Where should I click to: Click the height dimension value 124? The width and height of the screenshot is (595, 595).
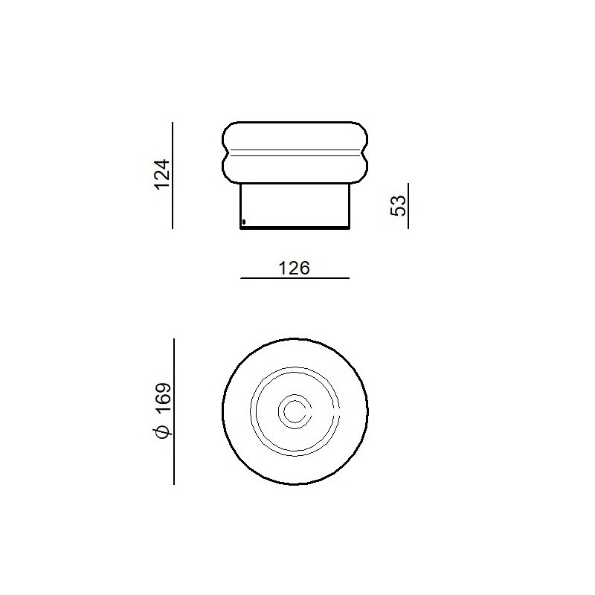click(x=163, y=175)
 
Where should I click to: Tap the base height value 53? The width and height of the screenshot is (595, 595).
click(x=399, y=206)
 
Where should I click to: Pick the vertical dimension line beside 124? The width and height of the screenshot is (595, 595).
click(x=173, y=176)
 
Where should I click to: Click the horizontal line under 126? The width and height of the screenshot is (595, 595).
click(x=295, y=278)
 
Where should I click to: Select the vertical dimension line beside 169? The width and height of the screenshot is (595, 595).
click(x=173, y=411)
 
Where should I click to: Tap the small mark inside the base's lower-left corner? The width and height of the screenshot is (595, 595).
click(x=243, y=220)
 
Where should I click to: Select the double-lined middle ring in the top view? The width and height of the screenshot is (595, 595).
click(x=251, y=411)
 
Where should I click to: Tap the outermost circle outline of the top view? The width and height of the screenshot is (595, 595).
click(x=222, y=411)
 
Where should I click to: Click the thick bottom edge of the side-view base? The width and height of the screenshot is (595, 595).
click(x=295, y=228)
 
